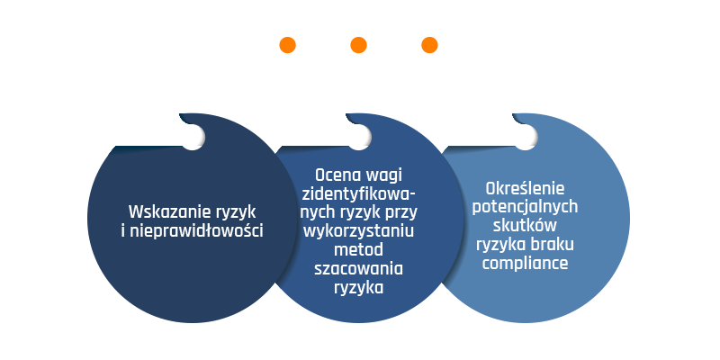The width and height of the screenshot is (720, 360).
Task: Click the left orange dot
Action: pyautogui.click(x=287, y=45)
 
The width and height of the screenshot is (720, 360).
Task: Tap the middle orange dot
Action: pyautogui.click(x=358, y=45)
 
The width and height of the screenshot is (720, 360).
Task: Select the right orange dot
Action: pyautogui.click(x=429, y=45)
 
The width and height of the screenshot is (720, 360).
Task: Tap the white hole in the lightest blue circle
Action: pyautogui.click(x=526, y=137)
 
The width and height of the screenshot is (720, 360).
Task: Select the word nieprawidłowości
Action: pyautogui.click(x=196, y=230)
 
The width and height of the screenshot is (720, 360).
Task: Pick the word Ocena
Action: pyautogui.click(x=337, y=175)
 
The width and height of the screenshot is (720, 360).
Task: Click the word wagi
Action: pyautogui.click(x=384, y=176)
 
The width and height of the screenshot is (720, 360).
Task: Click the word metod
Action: pyautogui.click(x=358, y=250)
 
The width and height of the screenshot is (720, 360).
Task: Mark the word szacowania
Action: pyautogui.click(x=358, y=268)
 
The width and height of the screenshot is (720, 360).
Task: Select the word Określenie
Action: pyautogui.click(x=525, y=188)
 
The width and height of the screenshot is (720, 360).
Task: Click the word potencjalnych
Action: pyautogui.click(x=525, y=208)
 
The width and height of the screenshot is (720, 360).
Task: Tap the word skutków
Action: pyautogui.click(x=525, y=226)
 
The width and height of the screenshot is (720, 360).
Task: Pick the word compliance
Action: pyautogui.click(x=525, y=264)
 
